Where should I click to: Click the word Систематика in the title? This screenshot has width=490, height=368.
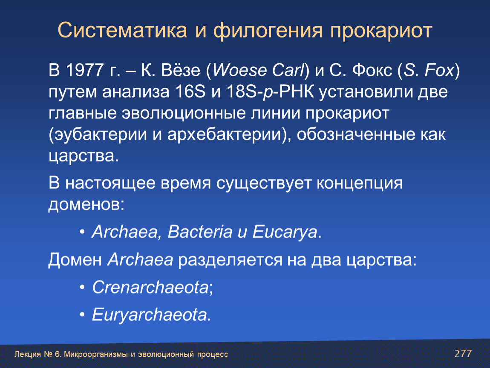[x=122, y=30]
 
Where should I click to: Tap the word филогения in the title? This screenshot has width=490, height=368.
[x=268, y=31]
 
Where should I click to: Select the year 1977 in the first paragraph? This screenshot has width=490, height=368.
[x=85, y=70]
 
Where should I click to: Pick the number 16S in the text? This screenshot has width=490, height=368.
[x=190, y=92]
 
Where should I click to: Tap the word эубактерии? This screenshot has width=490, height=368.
[x=100, y=135]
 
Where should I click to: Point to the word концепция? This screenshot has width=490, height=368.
[x=359, y=183]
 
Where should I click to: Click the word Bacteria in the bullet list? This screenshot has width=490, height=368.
[x=200, y=232]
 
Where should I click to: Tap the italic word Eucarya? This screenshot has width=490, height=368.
[x=285, y=232]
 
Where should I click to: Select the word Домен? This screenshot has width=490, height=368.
[x=75, y=260]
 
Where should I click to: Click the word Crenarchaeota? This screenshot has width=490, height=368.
[x=150, y=287]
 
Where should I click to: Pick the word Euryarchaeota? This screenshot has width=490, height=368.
[x=150, y=315]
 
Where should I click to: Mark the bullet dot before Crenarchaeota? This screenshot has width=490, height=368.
[x=82, y=287]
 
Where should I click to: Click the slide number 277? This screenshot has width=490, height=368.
[x=463, y=354]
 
